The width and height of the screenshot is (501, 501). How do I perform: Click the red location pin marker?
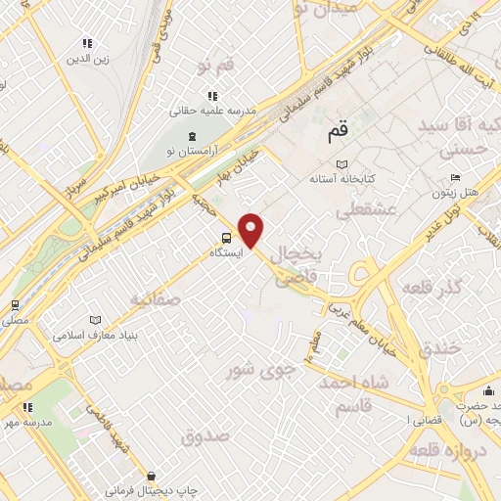(x=252, y=229)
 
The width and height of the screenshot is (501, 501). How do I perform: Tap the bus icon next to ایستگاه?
(x=226, y=237)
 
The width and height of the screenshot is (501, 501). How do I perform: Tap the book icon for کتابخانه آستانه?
(x=341, y=163)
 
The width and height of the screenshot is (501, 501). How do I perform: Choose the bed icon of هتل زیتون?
(x=455, y=177)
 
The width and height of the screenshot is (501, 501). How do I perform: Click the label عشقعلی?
(x=364, y=209)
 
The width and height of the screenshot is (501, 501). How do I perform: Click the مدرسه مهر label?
(x=26, y=421)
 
